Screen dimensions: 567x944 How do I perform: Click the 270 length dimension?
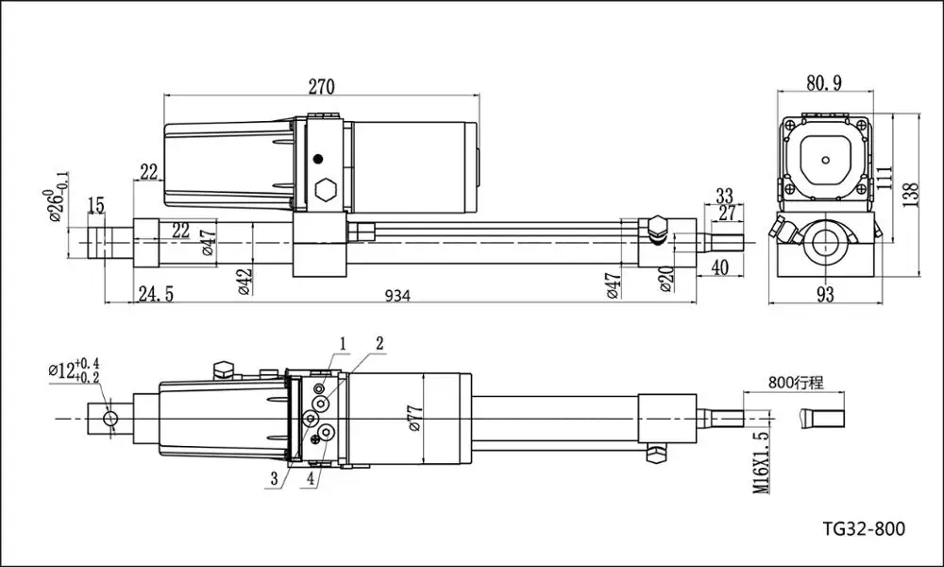click(321, 87)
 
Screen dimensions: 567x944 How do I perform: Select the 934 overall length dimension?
click(397, 295)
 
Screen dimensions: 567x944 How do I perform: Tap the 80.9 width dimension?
click(824, 83)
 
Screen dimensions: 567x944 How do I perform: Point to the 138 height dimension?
click(910, 193)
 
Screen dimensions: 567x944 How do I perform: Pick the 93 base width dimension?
click(825, 295)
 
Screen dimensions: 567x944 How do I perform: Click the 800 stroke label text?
click(796, 383)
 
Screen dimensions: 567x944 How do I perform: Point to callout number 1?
click(344, 342)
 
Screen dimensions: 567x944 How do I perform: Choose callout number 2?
click(379, 342)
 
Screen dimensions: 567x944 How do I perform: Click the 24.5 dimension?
click(155, 295)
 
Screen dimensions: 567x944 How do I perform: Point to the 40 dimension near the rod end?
click(719, 267)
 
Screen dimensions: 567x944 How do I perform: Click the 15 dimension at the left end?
click(96, 205)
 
